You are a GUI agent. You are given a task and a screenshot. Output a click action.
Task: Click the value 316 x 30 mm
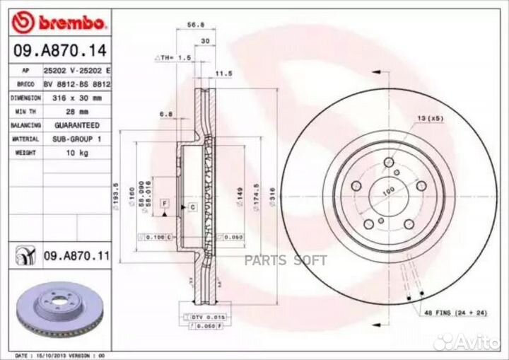tap(73, 98)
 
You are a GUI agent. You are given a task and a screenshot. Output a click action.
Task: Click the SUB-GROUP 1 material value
tap(74, 139)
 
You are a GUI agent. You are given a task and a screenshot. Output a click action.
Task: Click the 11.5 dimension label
tap(224, 73)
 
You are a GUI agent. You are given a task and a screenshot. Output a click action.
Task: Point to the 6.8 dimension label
tap(166, 112)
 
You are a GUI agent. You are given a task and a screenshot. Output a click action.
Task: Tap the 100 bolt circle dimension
tap(387, 191)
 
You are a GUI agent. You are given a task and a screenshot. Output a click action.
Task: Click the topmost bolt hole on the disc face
tap(388, 164)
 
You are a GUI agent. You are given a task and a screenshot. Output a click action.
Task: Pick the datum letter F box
tap(164, 203)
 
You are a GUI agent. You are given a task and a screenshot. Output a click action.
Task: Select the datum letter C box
tap(192, 207)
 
